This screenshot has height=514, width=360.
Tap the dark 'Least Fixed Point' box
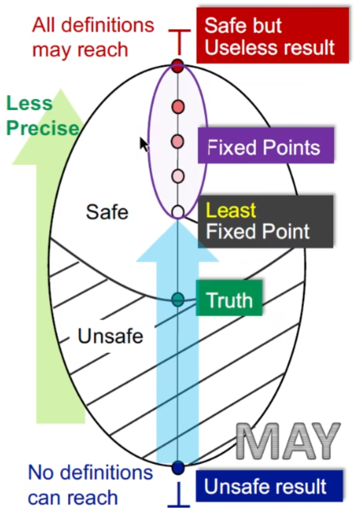click(x=266, y=221)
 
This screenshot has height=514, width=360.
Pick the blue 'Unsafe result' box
click(x=269, y=486)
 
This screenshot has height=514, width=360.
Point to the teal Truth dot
click(x=178, y=299)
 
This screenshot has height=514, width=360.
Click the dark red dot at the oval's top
click(x=178, y=66)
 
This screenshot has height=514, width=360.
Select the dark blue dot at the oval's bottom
click(x=178, y=467)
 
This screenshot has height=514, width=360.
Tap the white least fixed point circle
click(x=178, y=211)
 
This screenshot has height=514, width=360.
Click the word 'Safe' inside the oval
click(x=107, y=212)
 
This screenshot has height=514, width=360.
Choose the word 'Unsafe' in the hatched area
click(x=110, y=336)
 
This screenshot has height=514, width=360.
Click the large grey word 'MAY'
click(x=288, y=442)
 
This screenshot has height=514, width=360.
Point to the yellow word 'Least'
click(x=231, y=211)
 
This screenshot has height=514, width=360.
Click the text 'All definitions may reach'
click(x=93, y=38)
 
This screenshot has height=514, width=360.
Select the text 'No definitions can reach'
click(x=90, y=485)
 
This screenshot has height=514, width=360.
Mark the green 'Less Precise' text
click(x=41, y=116)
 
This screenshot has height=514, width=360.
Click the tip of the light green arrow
click(x=60, y=91)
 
